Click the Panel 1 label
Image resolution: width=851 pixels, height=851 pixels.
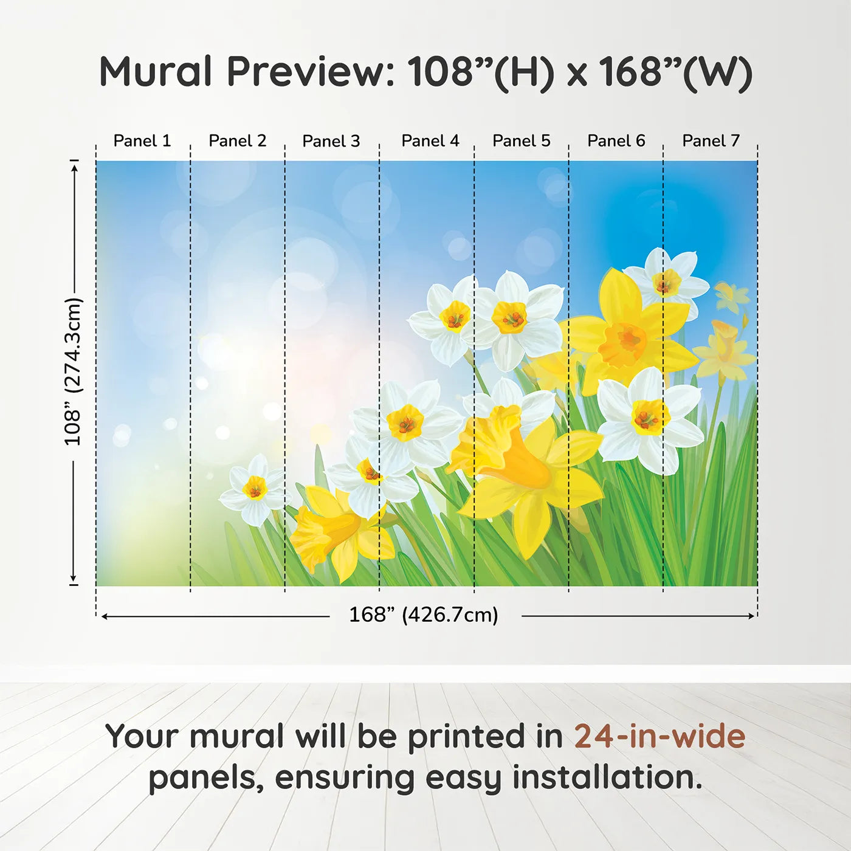[x=142, y=140]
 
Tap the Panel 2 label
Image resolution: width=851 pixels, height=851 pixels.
[x=238, y=140]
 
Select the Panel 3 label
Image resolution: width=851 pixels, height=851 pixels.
[x=331, y=141]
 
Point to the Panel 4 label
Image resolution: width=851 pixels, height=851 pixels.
[x=430, y=140]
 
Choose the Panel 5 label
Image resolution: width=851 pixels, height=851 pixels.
[x=522, y=140]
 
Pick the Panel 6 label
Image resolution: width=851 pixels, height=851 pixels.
[x=616, y=140]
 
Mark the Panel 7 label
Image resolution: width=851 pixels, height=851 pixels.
[x=711, y=140]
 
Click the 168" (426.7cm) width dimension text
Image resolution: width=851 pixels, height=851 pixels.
[x=424, y=615]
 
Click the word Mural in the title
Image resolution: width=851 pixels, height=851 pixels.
[x=156, y=71]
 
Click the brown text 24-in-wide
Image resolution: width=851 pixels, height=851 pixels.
[x=660, y=736]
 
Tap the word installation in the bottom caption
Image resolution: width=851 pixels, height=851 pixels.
[x=608, y=777]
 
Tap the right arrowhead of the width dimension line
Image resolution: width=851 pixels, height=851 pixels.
[x=751, y=616]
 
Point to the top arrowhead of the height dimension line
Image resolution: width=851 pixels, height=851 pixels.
[x=74, y=168]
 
